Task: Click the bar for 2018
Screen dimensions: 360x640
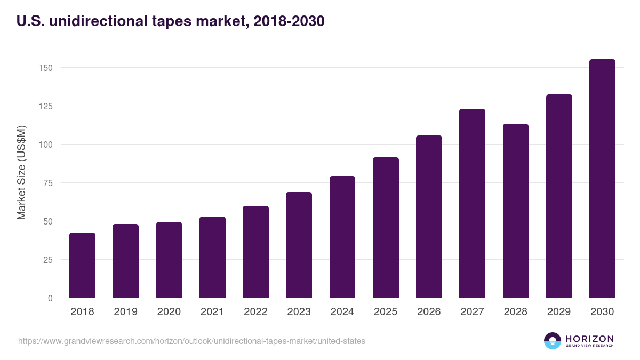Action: [82, 265]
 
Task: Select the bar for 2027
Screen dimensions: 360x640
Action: [472, 203]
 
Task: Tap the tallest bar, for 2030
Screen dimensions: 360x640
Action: [602, 179]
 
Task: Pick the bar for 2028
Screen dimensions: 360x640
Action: [516, 211]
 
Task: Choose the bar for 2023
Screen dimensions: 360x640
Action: [299, 245]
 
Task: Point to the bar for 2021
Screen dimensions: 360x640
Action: [212, 257]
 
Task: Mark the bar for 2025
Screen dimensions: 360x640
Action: [386, 228]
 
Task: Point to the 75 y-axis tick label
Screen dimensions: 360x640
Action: [49, 183]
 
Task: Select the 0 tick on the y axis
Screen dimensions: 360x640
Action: [51, 298]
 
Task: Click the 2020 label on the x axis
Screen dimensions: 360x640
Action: [169, 312]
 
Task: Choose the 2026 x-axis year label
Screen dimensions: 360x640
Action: [429, 312]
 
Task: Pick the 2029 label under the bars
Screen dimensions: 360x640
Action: [559, 312]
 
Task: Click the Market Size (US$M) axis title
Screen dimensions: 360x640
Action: [21, 172]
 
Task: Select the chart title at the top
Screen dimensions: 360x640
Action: [171, 21]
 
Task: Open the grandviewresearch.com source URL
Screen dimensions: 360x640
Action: [191, 341]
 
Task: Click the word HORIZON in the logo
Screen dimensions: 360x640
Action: [589, 338]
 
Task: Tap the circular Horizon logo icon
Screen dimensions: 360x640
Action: [553, 341]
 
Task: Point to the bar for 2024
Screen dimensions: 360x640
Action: [342, 237]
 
